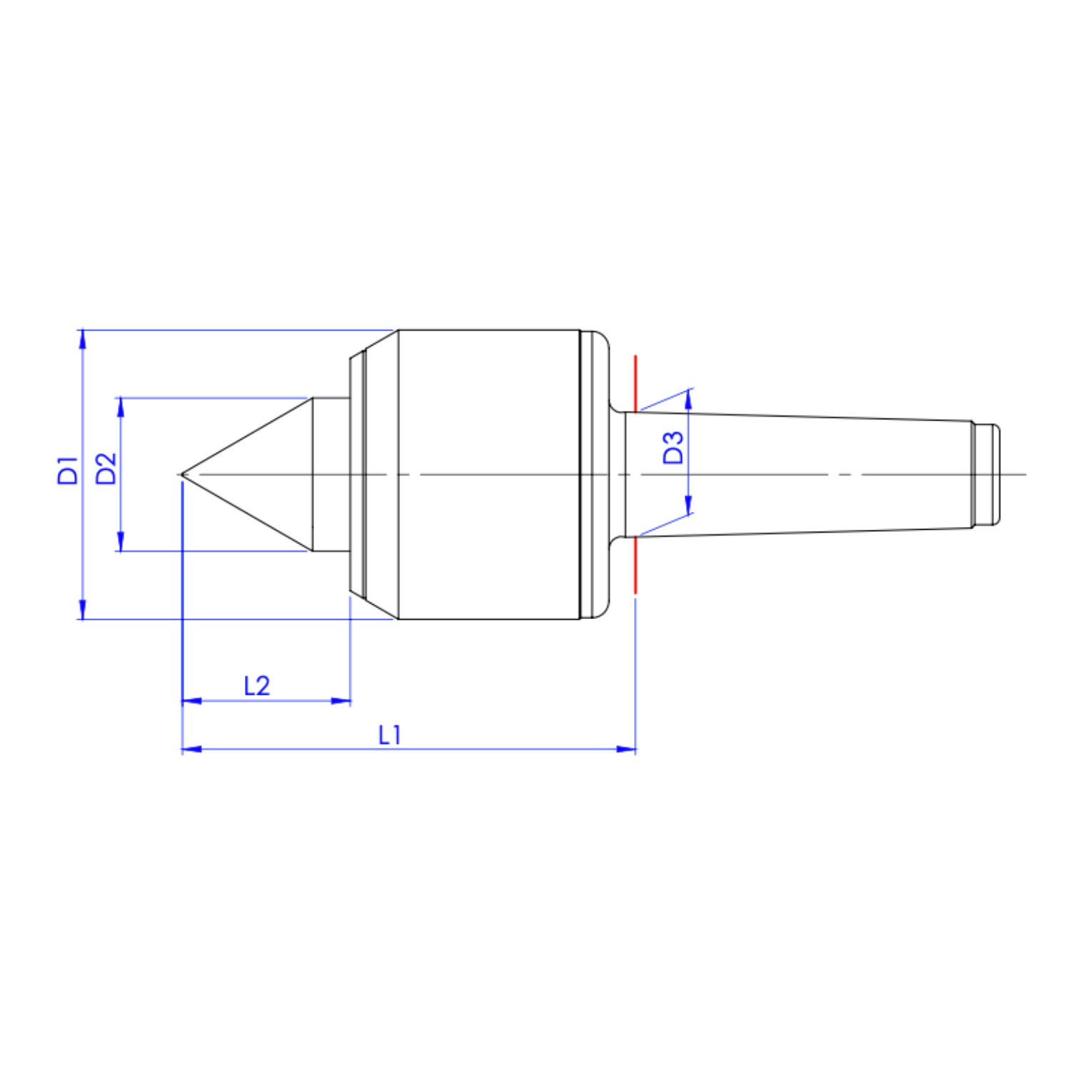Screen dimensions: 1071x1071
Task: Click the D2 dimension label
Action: click(106, 468)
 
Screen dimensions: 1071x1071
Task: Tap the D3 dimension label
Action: click(673, 448)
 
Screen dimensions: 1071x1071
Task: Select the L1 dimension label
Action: click(390, 735)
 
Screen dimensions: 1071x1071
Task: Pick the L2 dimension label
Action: click(257, 686)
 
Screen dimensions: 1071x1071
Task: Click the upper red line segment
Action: click(635, 383)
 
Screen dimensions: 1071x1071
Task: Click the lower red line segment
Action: click(635, 565)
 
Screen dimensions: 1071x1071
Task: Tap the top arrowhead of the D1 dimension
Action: click(82, 339)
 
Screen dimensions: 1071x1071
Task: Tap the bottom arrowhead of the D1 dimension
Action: click(82, 609)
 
